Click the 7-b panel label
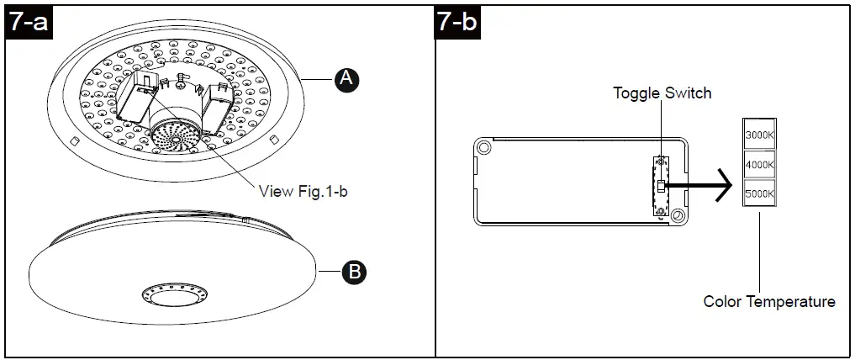457,23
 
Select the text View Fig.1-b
303,192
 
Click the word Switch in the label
688,93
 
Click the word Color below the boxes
720,301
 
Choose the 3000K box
759,134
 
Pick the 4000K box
759,164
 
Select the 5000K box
759,194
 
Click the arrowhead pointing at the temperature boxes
721,186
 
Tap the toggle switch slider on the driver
661,186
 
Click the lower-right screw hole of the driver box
677,216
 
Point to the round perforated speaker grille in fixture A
178,135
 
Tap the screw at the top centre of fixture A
181,82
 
